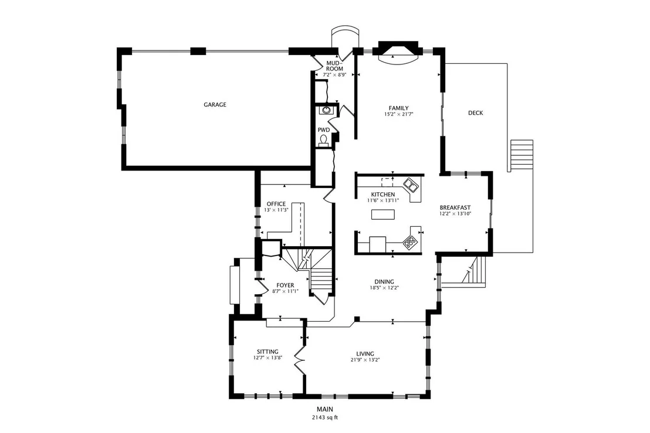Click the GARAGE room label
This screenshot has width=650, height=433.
click(215, 105)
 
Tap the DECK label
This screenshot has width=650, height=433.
click(476, 112)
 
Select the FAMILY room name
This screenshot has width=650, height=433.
click(399, 108)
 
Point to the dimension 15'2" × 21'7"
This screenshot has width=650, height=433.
click(399, 114)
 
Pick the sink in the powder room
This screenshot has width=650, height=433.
click(326, 110)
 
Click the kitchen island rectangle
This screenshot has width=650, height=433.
click(382, 214)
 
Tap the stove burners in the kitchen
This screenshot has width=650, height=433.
click(411, 241)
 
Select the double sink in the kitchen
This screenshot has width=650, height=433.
click(411, 186)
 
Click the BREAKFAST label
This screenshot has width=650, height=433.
click(455, 208)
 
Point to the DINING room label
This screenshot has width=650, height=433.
click(384, 282)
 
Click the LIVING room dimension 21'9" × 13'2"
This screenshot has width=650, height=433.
click(365, 360)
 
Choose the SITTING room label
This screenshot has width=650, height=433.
click(268, 352)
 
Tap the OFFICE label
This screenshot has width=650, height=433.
click(276, 204)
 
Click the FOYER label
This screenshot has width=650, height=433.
click(285, 285)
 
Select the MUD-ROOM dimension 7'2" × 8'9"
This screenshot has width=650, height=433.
click(334, 75)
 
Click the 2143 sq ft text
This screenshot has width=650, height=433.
click(325, 418)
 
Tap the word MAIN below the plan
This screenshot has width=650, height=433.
click(325, 410)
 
